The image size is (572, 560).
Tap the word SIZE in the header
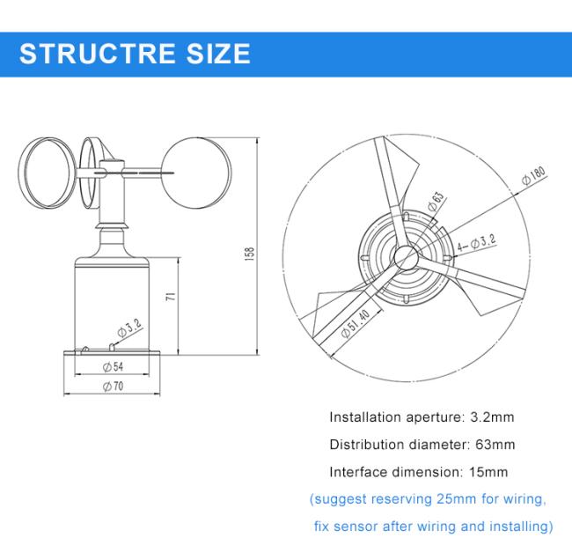218,54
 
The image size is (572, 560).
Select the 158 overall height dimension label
250,254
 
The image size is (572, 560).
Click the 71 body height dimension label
171,296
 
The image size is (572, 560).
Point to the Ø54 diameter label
114,366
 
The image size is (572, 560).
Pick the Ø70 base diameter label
114,386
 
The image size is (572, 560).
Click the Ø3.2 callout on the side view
129,328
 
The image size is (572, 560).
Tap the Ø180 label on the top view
533,175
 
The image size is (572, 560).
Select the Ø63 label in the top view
436,201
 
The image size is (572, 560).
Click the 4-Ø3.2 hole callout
476,243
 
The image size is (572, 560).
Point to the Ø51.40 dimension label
356,323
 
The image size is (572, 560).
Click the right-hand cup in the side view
196,173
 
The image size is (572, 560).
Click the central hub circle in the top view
406,257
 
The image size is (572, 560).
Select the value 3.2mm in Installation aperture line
493,416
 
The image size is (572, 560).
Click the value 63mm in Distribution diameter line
495,445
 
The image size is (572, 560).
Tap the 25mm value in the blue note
456,498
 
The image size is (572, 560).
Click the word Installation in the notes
365,416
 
